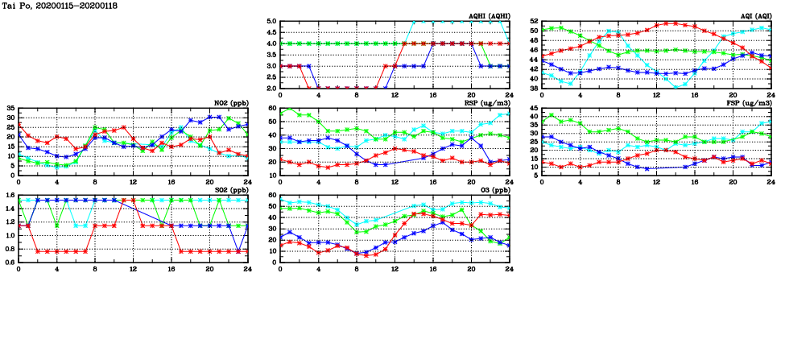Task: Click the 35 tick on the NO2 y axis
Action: click(10, 108)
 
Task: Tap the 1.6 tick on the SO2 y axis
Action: click(9, 195)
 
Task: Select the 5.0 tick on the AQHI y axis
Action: click(271, 22)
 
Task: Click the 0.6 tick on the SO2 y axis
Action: click(9, 262)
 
